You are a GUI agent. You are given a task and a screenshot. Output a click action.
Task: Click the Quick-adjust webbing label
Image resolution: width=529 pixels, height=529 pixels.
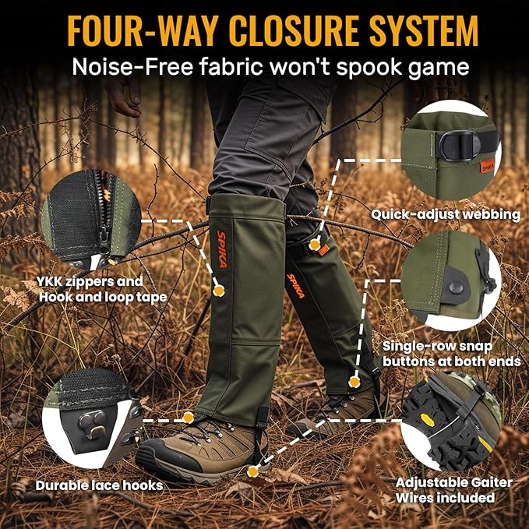446,213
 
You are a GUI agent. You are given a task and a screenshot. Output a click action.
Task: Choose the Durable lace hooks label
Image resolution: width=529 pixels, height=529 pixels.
99,485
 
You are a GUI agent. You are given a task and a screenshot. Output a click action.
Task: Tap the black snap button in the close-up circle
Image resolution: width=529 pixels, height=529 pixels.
457,288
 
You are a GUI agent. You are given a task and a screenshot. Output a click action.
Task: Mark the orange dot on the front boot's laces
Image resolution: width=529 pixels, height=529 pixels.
188,418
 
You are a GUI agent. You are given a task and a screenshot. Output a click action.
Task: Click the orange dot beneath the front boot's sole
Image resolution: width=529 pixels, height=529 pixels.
251,471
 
